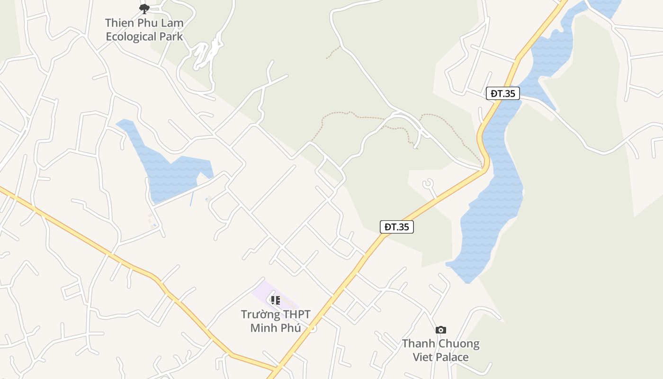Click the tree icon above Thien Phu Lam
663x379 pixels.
(144, 9)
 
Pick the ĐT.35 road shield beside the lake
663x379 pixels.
(502, 93)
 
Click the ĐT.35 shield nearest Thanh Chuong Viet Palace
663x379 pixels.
(396, 227)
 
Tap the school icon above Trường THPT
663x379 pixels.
(275, 300)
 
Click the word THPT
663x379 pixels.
(297, 315)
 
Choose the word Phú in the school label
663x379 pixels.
(290, 328)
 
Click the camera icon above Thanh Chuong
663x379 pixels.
(441, 330)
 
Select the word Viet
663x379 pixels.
(423, 357)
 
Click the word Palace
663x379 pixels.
(452, 357)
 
